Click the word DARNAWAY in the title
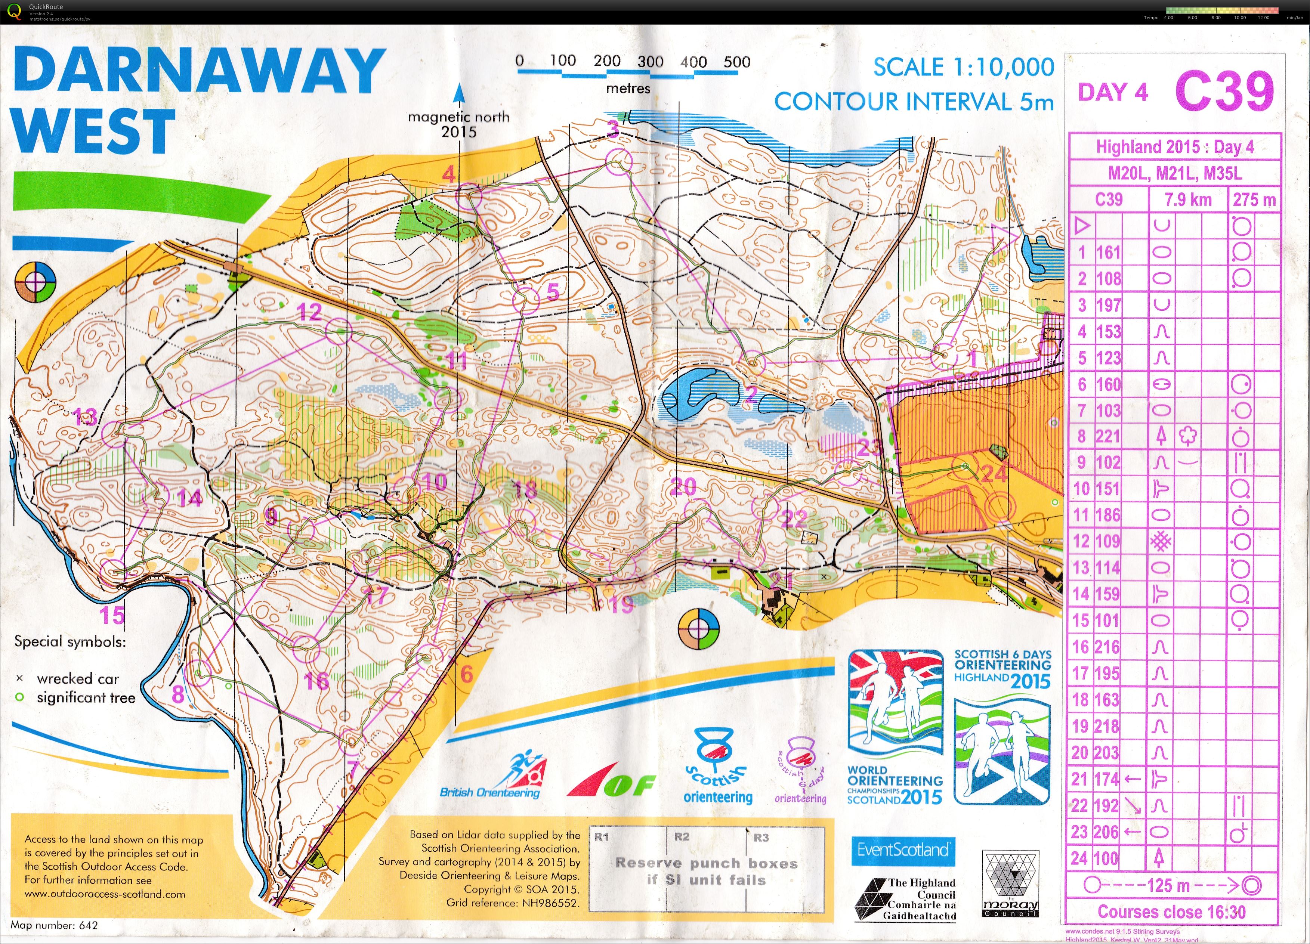point(199,71)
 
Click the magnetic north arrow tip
point(459,88)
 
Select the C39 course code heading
point(1224,91)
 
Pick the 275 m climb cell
point(1254,200)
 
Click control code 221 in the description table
point(1108,436)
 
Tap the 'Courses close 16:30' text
point(1171,911)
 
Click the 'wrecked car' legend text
point(77,678)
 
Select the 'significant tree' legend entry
point(86,697)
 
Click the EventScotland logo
point(903,850)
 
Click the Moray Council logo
point(1010,883)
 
